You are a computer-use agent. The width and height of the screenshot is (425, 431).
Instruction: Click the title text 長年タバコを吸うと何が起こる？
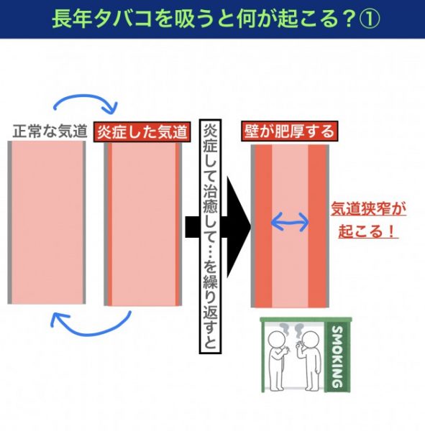tap(203, 19)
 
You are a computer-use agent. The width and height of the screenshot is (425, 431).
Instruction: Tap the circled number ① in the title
tap(370, 19)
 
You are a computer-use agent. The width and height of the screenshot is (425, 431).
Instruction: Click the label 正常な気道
tap(50, 131)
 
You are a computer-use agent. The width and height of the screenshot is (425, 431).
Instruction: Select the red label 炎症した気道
tap(142, 131)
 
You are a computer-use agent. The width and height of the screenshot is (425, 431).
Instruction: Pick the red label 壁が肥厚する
tap(290, 131)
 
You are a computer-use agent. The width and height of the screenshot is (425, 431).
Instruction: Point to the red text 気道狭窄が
tap(368, 210)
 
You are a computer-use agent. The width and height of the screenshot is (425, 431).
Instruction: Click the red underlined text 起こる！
tap(368, 231)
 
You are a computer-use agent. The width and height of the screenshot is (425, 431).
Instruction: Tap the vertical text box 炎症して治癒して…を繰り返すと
tap(210, 236)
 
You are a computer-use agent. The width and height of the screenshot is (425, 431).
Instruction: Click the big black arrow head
tap(238, 227)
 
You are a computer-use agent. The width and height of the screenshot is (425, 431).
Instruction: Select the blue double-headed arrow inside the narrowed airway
tap(290, 222)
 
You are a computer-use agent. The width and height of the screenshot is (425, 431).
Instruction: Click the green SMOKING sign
tap(337, 356)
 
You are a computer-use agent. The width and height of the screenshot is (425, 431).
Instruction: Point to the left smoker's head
tap(277, 340)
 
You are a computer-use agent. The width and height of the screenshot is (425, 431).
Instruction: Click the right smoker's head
tap(311, 340)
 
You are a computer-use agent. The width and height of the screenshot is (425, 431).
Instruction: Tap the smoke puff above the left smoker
tap(284, 328)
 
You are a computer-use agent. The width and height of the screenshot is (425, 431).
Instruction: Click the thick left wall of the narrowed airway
tap(264, 226)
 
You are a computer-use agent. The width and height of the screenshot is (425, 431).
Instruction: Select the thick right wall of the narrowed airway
tap(317, 226)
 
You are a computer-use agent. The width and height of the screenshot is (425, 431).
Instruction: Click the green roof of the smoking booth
tap(306, 320)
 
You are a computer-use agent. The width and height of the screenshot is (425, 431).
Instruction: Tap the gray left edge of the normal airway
tap(9, 223)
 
